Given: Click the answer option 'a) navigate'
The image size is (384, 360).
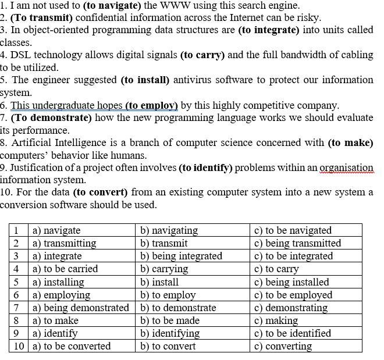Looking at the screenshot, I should coord(56,230).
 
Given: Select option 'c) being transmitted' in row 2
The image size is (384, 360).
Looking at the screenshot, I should coord(297,243).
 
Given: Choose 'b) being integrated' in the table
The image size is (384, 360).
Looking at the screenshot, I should coord(181,256).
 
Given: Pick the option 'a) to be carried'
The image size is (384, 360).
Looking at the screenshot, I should coord(65,269).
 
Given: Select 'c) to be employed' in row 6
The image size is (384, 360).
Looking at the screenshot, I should coord(293,295).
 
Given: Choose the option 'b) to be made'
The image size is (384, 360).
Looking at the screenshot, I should coord(170,320).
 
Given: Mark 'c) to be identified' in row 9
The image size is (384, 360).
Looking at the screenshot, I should coord(293,333).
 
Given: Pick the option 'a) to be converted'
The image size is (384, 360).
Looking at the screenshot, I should coord(71,346).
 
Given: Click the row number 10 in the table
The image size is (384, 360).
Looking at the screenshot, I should coord(19,346).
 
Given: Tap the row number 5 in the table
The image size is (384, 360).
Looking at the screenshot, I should coord(16,282).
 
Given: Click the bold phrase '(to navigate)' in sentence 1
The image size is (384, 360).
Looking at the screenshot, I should coord(112,5).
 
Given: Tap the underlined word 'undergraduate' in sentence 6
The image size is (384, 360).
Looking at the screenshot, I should coord(63,105).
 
